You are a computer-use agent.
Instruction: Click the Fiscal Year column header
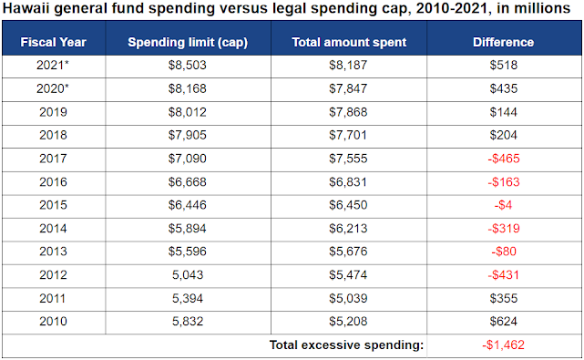click(53, 42)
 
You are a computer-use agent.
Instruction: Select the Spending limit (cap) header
click(188, 43)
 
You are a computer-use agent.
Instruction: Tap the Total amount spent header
click(349, 43)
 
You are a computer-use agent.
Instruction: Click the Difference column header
click(503, 42)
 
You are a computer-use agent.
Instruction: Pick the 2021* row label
click(53, 66)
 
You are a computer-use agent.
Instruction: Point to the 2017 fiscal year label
click(53, 159)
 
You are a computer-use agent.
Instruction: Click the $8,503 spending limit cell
click(188, 66)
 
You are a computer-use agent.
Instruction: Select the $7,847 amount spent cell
click(348, 88)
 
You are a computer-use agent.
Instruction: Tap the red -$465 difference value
click(504, 159)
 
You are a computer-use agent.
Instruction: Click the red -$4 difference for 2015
click(503, 205)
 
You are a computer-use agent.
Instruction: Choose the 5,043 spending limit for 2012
click(188, 275)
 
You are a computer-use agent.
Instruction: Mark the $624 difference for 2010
click(504, 321)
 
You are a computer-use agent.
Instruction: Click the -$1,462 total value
click(503, 345)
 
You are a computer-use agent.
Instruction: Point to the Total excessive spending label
click(346, 345)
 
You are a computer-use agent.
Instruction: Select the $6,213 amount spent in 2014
click(348, 229)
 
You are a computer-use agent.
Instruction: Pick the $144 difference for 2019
click(504, 112)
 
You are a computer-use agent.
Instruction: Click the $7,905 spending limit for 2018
click(188, 135)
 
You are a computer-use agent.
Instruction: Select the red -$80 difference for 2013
click(504, 252)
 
